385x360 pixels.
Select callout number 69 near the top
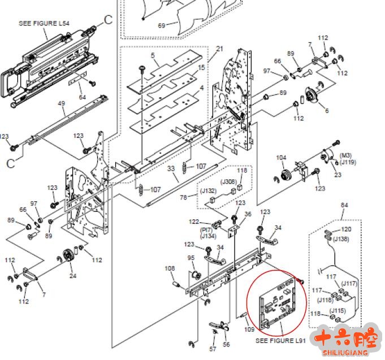coord(161,26)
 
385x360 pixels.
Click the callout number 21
coord(219,49)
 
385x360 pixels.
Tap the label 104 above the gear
coord(281,158)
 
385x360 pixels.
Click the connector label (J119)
coord(348,163)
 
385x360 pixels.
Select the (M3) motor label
coord(345,155)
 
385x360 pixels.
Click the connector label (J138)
coord(340,239)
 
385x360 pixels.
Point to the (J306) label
coord(229,181)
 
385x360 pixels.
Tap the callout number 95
coord(191,258)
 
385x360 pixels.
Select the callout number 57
coord(213,349)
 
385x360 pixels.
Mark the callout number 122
coord(194,222)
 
